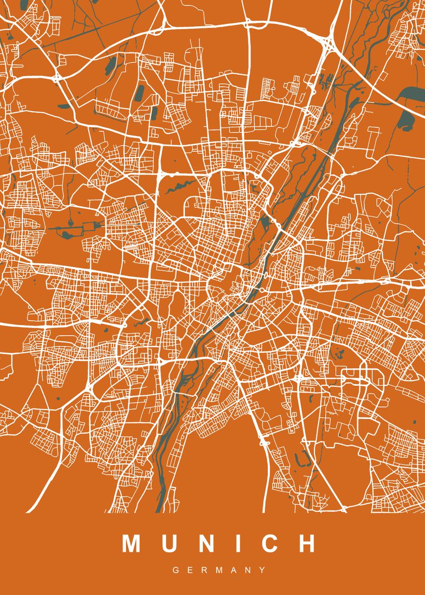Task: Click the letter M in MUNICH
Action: [132, 543]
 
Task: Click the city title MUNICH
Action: [219, 543]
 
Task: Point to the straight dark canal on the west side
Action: [74, 228]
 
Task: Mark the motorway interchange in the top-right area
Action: [327, 42]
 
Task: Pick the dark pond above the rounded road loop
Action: [340, 354]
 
